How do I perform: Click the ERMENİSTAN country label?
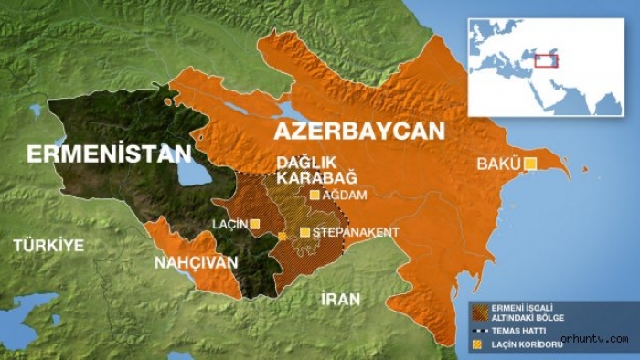[109, 154]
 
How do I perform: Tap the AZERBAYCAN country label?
[357, 131]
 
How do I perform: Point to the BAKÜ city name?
[497, 164]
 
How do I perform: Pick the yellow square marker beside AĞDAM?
[315, 195]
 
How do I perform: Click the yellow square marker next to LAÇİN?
[255, 224]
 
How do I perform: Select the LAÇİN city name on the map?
[229, 224]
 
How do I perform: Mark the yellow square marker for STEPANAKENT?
[304, 232]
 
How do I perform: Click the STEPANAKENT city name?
[355, 232]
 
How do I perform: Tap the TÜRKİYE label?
[48, 245]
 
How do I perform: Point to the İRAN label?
[340, 299]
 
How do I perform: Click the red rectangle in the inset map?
[546, 60]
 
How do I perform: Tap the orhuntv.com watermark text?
[594, 339]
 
